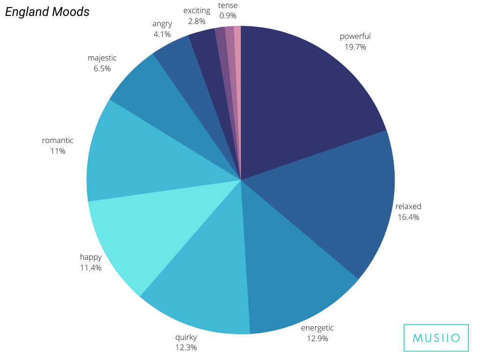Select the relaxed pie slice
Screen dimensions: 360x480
click(337, 202)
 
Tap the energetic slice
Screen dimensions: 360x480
click(291, 272)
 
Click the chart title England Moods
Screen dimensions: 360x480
click(47, 12)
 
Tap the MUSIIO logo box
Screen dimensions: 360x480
click(436, 337)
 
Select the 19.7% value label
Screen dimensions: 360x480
click(355, 47)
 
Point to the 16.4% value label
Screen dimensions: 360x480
click(408, 217)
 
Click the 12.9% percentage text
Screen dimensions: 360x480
click(317, 338)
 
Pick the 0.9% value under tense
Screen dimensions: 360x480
click(228, 15)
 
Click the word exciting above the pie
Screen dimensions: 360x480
click(197, 10)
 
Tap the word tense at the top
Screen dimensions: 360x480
click(228, 6)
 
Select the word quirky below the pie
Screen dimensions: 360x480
click(186, 337)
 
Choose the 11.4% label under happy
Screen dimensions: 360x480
click(90, 268)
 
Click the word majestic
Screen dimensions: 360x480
click(102, 58)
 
